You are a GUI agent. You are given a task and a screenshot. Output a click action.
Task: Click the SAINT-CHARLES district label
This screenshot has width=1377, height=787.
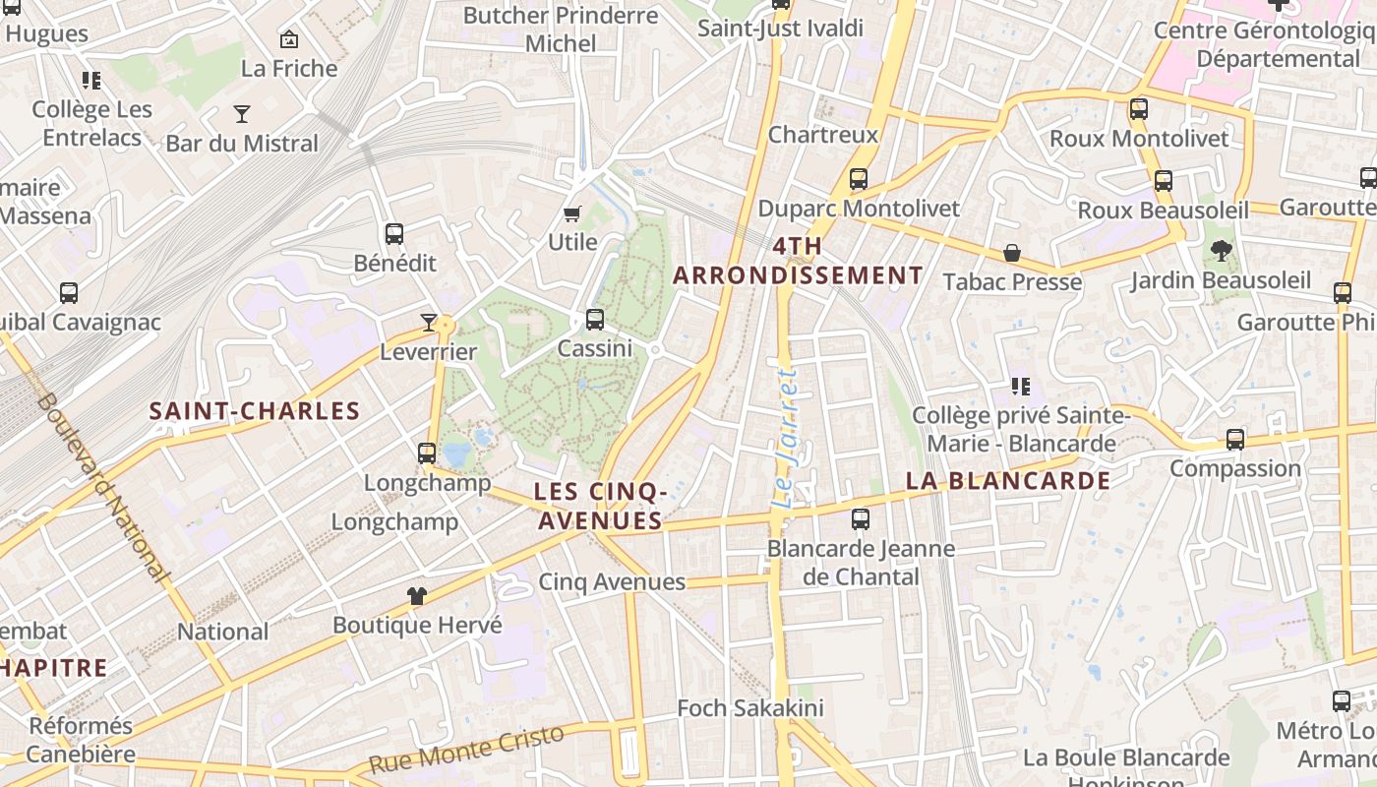[255, 411]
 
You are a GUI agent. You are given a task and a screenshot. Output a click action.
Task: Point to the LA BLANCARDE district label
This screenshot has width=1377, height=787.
[1008, 481]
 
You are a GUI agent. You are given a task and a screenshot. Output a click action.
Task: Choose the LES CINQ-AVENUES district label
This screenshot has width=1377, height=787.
[600, 506]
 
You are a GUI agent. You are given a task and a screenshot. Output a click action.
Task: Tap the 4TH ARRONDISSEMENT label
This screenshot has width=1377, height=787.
[798, 261]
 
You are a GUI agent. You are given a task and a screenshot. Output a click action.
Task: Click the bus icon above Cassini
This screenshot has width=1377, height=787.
[594, 320]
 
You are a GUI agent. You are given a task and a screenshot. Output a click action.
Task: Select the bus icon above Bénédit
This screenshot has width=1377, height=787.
[394, 234]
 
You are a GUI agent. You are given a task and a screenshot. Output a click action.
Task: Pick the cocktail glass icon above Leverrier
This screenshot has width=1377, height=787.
[428, 322]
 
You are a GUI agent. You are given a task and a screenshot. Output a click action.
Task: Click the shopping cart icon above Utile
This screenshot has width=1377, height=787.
[572, 213]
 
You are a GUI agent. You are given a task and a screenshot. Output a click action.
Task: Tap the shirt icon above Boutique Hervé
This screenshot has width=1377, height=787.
[417, 595]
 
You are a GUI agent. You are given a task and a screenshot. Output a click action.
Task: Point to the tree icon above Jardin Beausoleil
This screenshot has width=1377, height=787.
[1221, 251]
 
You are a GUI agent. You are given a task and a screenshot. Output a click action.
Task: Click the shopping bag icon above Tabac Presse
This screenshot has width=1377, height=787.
[1011, 254]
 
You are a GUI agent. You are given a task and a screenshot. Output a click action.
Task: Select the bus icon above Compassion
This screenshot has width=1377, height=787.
[1235, 440]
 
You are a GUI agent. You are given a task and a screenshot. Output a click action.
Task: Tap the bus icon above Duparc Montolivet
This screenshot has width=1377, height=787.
[859, 179]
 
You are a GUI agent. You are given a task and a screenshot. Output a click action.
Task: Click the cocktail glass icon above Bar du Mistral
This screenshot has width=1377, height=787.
[241, 113]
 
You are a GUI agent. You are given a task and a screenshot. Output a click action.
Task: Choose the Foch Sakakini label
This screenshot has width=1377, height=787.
[750, 708]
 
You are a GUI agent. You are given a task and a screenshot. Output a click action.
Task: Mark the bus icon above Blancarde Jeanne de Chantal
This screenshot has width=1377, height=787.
[861, 518]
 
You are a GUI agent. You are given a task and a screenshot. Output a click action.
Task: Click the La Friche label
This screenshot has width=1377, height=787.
[289, 68]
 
